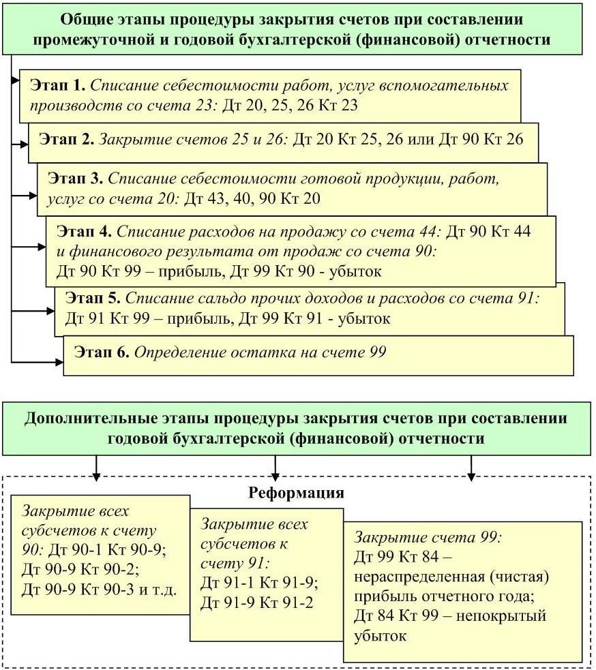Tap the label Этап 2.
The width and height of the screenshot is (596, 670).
click(x=67, y=140)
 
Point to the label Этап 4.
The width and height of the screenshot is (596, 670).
click(x=84, y=231)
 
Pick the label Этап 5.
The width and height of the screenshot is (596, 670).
click(x=93, y=298)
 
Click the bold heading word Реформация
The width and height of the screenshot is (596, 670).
click(x=296, y=492)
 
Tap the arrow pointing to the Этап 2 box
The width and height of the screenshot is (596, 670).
click(x=22, y=144)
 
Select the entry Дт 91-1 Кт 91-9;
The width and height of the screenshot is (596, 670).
click(x=259, y=583)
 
